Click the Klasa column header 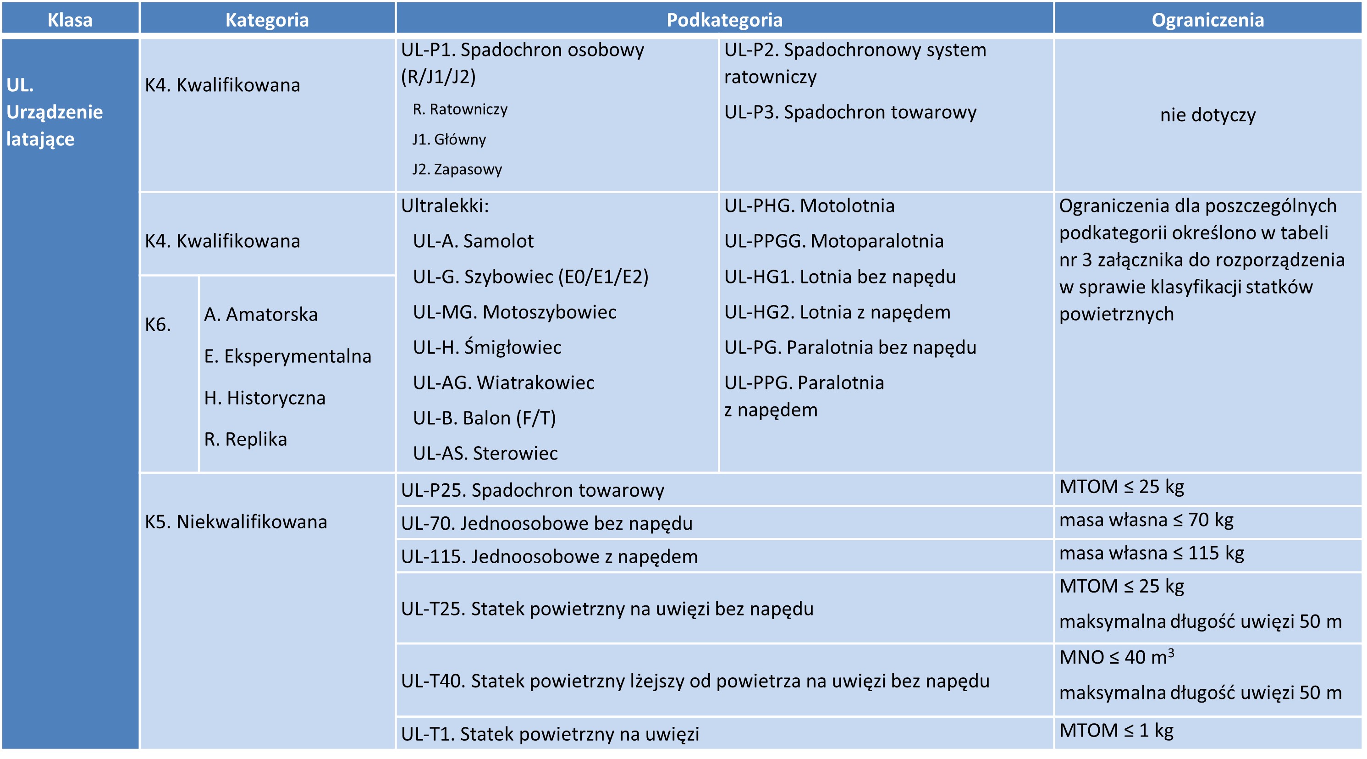(70, 20)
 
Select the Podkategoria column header (724, 20)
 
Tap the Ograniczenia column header (1207, 20)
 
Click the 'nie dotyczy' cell (1207, 115)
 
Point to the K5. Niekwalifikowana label (236, 522)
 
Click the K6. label (158, 324)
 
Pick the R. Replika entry (245, 439)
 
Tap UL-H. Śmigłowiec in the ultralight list (487, 347)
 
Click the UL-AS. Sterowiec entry (485, 453)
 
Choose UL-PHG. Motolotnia (809, 205)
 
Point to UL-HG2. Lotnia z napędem (837, 312)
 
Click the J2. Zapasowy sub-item (457, 169)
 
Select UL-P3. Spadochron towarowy (850, 112)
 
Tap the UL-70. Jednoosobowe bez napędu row (546, 523)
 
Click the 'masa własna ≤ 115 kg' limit (1152, 553)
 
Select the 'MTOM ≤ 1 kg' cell (1116, 731)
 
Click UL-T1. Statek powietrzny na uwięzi (550, 734)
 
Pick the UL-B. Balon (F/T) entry (484, 418)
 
